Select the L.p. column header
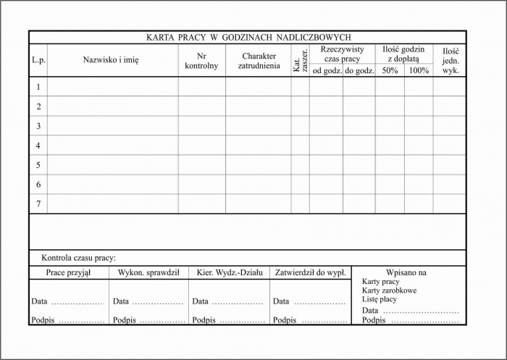38,61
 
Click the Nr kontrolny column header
201,61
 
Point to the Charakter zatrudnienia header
259,61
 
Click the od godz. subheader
327,71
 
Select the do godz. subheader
359,71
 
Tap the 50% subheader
390,71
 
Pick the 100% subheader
419,71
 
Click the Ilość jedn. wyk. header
451,61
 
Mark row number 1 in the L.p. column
38,87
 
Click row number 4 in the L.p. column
38,146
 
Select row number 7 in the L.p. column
38,204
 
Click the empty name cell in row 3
112,126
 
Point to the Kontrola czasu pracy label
79,258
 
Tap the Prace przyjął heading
69,273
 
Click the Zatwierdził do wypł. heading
310,273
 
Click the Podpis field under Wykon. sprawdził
148,320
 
